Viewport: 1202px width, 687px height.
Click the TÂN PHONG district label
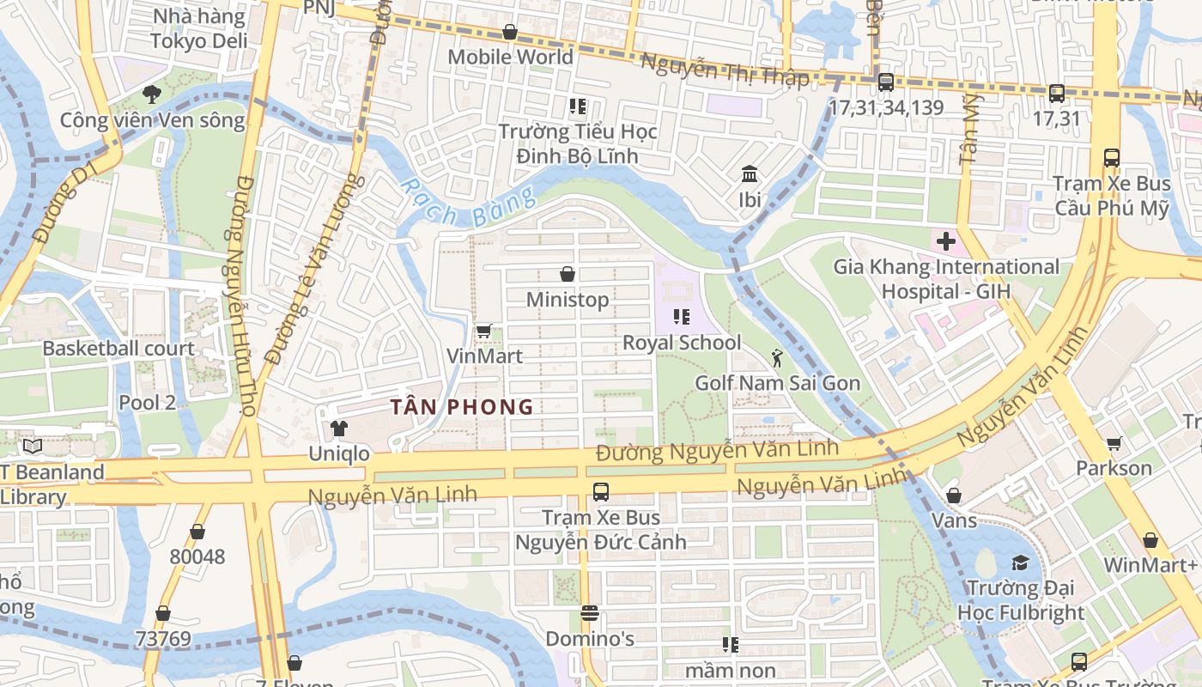coord(462,407)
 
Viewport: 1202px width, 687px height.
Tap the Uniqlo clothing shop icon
coord(339,428)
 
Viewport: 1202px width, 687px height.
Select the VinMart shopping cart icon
coord(483,331)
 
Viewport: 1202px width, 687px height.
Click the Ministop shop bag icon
coord(567,274)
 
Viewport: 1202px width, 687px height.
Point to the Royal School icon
coord(682,317)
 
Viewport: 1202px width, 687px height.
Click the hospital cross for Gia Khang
coord(945,241)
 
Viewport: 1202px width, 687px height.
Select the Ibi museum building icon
coord(750,174)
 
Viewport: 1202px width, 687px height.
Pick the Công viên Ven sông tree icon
coord(152,94)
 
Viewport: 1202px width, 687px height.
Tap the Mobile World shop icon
coord(510,32)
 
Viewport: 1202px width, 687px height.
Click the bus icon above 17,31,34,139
coord(885,82)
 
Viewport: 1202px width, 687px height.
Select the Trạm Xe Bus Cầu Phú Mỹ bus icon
coord(1111,158)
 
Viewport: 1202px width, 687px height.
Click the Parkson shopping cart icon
coord(1114,443)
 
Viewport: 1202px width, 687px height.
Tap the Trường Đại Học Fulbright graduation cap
coord(1020,562)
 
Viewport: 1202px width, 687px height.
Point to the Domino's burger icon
coord(589,613)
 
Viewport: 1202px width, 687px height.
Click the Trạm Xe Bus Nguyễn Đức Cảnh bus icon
coord(600,492)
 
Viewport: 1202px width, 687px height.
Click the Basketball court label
coord(118,349)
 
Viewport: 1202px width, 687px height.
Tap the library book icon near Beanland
coord(33,447)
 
